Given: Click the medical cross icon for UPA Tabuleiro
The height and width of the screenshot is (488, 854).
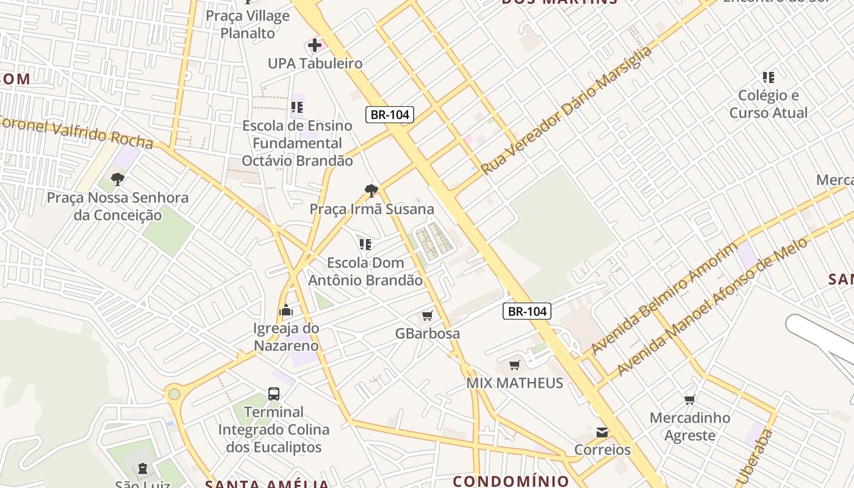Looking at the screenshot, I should pos(315,45).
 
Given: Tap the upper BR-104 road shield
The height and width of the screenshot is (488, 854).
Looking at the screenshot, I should pos(390,114).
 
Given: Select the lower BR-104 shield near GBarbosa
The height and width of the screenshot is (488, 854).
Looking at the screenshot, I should pos(527,311).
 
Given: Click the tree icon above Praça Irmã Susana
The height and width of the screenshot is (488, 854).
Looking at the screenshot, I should pos(371,191).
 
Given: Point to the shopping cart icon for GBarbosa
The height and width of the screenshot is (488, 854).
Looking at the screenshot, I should pos(427,316).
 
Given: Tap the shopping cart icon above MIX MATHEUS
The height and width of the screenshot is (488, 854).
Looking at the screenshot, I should pos(515,365).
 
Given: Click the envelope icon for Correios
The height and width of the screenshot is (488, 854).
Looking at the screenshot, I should pos(602,432).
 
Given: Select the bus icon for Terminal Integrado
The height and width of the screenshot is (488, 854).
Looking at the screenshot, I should pos(274,394).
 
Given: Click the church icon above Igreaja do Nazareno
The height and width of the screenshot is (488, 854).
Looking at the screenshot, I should pos(285,310).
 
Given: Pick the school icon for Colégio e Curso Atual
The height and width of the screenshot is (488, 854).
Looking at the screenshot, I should pos(769,77).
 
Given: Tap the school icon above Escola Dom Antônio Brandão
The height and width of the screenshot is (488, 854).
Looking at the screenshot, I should pos(365,245).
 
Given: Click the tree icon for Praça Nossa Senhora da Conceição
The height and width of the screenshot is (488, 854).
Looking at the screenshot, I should pos(118,179).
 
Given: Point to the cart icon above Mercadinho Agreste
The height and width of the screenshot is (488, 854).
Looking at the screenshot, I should pos(689,400).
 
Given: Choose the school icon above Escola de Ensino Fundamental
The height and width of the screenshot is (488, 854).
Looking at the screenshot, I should pos(297,108).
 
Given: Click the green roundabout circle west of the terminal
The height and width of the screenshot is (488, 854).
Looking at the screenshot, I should pos(174,394).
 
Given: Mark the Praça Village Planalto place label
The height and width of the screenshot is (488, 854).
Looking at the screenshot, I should pos(248,24).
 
